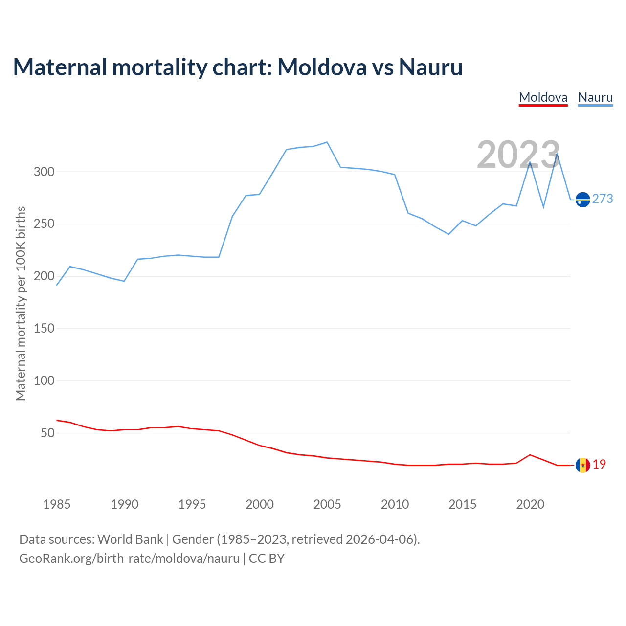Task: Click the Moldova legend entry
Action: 543,97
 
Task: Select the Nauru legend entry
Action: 595,97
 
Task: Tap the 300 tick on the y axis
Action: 44,172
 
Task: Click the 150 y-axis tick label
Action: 44,328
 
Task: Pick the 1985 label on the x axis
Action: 57,504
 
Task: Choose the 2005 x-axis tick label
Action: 327,504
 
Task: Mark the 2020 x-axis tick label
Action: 530,504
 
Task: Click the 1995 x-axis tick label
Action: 192,504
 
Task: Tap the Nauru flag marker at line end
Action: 583,200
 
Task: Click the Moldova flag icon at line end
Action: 582,465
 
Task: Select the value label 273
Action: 603,199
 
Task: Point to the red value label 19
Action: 599,465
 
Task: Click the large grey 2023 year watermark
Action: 518,155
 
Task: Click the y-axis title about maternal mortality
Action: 21,303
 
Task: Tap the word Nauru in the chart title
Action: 430,67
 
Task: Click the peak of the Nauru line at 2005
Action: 327,142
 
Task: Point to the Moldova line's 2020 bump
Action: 530,455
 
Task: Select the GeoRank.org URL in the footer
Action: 129,558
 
